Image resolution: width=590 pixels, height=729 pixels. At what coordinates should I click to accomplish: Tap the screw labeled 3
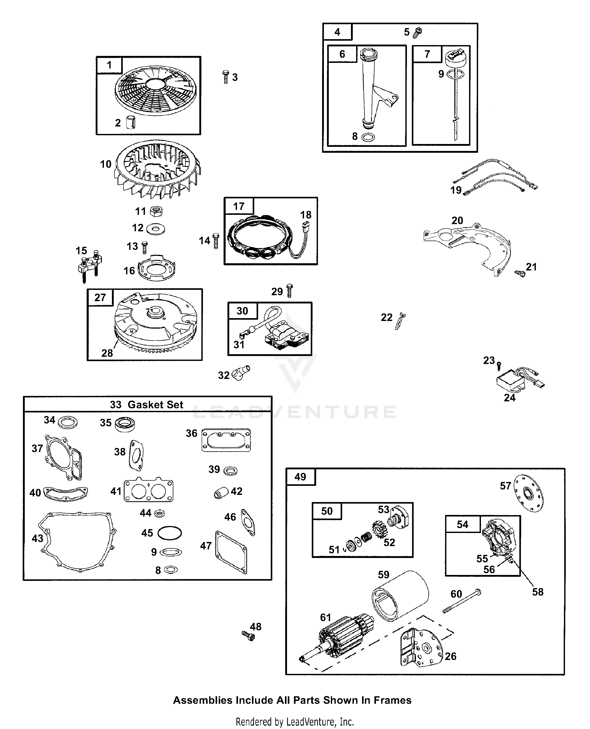click(226, 77)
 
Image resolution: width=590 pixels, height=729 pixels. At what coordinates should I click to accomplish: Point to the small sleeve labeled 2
click(130, 122)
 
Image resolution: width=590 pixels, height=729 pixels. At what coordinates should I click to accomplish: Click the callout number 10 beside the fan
click(106, 164)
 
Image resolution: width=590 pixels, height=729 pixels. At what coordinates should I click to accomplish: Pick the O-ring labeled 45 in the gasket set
click(170, 533)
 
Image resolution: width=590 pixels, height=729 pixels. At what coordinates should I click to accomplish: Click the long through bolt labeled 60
click(462, 601)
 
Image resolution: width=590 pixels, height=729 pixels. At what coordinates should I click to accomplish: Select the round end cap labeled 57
click(528, 494)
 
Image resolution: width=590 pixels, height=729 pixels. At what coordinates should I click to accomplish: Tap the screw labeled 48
click(248, 635)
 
